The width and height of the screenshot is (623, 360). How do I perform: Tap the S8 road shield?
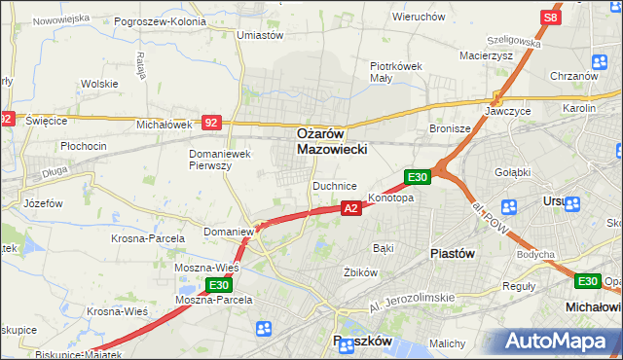[551, 18]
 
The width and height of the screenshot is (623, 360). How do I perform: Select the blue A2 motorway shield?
[352, 207]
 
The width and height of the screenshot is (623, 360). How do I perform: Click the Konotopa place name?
[390, 198]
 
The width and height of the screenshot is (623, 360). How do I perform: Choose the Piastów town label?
[452, 252]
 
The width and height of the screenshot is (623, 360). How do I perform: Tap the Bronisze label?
[450, 128]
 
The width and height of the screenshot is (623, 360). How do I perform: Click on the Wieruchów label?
[419, 17]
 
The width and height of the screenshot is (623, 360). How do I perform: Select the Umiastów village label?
[260, 35]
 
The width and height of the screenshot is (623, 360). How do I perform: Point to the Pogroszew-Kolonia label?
[160, 20]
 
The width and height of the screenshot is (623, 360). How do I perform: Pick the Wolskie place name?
[99, 84]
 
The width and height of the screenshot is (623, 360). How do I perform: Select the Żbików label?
[360, 272]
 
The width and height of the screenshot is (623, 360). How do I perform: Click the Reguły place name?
[518, 286]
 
